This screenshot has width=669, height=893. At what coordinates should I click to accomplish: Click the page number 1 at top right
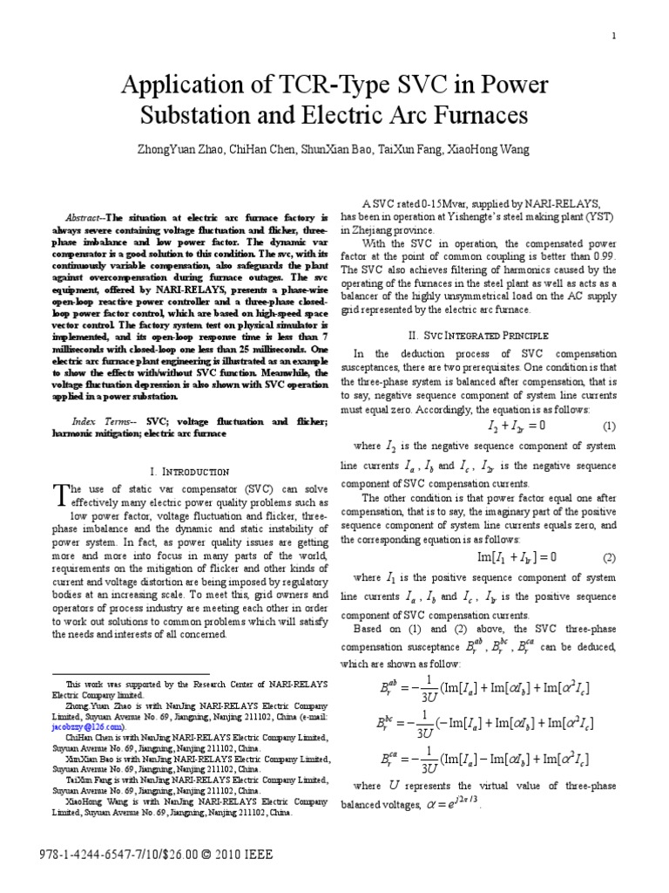[x=615, y=36]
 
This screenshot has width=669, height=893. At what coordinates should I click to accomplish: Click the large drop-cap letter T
[x=59, y=494]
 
